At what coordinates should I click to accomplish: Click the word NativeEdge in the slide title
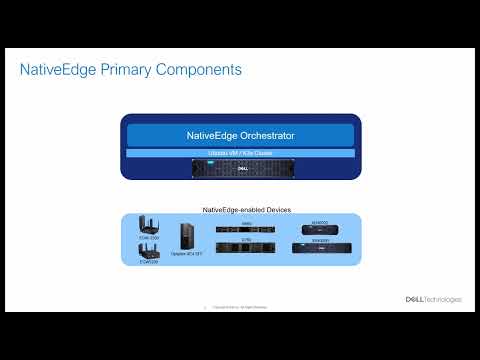pyautogui.click(x=56, y=71)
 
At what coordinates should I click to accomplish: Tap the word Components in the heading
pyautogui.click(x=200, y=71)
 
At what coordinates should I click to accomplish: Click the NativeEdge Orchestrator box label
pyautogui.click(x=239, y=134)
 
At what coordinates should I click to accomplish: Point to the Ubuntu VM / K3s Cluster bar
pyautogui.click(x=239, y=152)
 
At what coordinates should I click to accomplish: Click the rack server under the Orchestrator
pyautogui.click(x=239, y=168)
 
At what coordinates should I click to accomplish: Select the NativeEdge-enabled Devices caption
pyautogui.click(x=239, y=208)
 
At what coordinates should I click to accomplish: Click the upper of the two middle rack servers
pyautogui.click(x=246, y=232)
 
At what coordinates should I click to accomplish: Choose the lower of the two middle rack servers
pyautogui.click(x=246, y=249)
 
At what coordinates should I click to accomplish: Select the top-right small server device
pyautogui.click(x=319, y=231)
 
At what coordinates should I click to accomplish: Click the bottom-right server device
pyautogui.click(x=319, y=249)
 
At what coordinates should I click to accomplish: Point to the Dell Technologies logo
pyautogui.click(x=431, y=298)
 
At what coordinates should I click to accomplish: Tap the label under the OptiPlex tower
pyautogui.click(x=186, y=256)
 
